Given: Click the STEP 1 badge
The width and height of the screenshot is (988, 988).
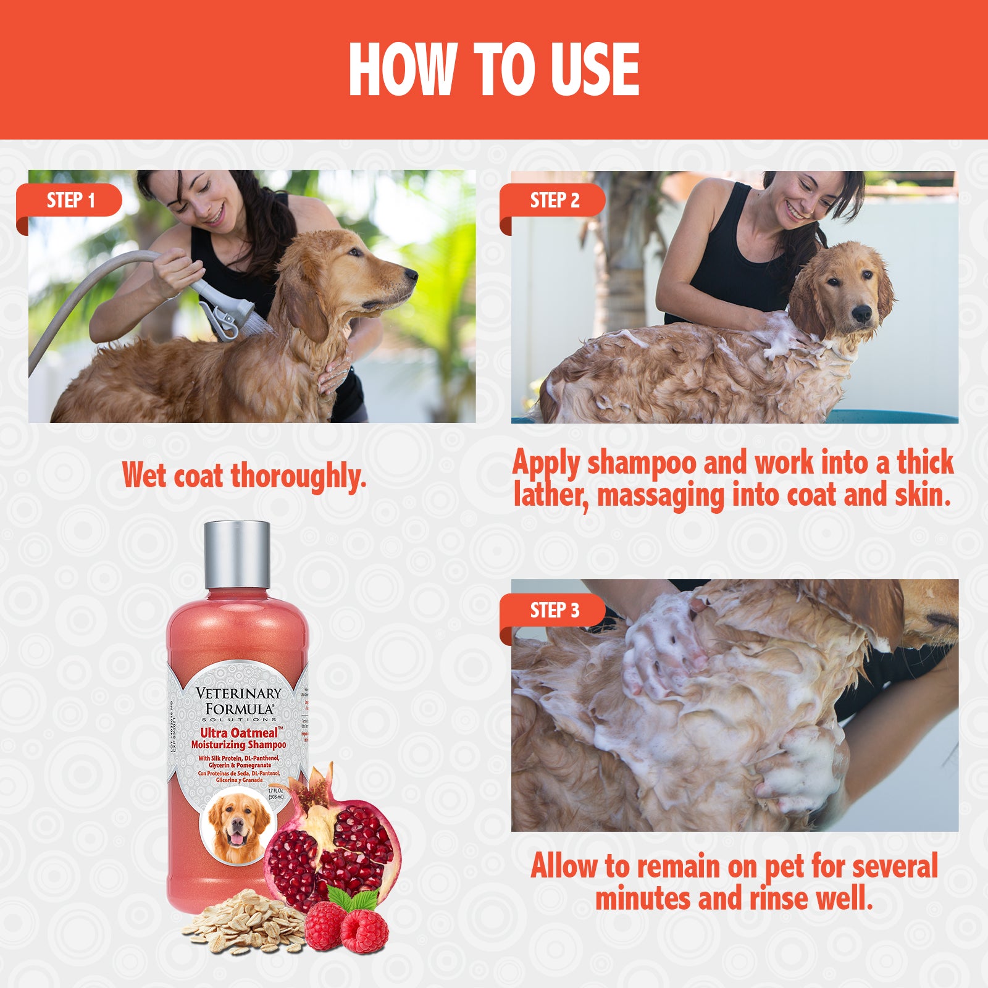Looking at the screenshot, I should point(70,200).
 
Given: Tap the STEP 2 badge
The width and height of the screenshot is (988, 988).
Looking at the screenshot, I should point(554,200).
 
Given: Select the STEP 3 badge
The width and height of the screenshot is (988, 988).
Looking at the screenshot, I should point(554,610).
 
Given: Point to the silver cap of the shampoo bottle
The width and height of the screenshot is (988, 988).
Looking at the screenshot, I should point(237,554).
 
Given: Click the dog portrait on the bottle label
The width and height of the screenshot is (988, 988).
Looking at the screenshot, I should point(238,827).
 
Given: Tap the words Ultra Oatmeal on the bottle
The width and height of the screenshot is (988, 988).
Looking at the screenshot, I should point(238,733).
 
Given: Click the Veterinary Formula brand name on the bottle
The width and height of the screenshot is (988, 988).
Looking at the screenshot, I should point(238,701).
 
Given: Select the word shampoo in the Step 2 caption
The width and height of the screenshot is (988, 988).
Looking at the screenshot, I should point(641,463).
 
